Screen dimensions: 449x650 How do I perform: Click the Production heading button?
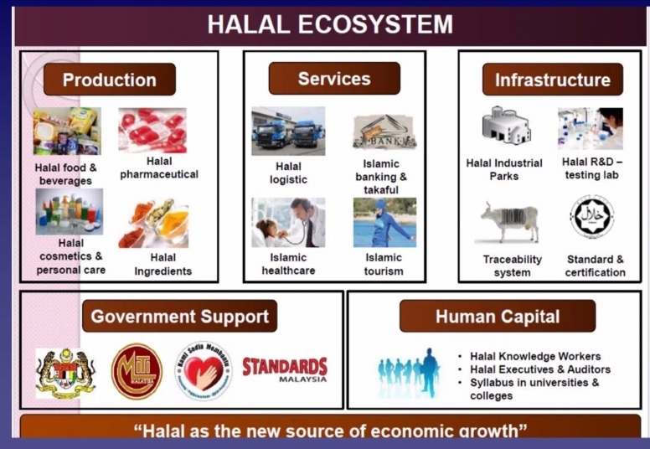pos(109,80)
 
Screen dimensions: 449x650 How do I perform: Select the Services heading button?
pos(333,79)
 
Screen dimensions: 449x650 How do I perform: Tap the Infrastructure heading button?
pos(552,80)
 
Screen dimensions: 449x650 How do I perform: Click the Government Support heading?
pos(180,317)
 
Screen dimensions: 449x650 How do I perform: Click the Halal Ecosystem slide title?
pos(330,24)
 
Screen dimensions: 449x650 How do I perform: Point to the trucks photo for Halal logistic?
pos(287,131)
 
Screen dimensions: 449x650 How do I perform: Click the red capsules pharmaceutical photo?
pos(153,131)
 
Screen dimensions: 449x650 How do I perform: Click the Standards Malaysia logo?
pos(285,369)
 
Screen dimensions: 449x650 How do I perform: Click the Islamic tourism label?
pos(384,264)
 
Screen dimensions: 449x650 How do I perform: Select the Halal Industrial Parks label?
pos(504,169)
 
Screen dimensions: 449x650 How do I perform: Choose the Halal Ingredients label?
pos(163,264)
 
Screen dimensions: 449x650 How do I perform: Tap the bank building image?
pos(384,132)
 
